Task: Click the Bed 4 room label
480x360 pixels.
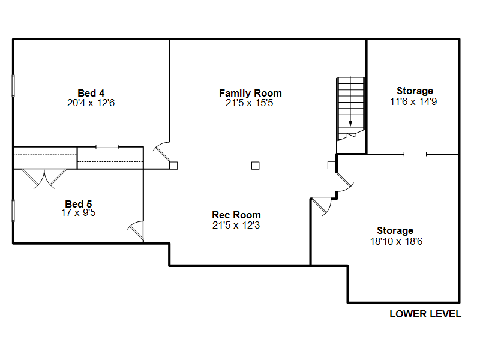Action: coord(91,93)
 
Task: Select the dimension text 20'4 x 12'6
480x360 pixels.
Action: coord(91,103)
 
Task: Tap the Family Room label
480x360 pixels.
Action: coord(250,93)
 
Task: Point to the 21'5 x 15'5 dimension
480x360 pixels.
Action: coord(250,103)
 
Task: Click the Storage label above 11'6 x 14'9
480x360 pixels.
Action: coord(415,91)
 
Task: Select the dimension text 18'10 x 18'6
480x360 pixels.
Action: coord(395,241)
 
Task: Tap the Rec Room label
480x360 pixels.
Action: coord(236,215)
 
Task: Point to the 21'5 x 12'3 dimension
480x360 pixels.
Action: coord(236,226)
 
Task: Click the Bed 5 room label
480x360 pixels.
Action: coord(79,203)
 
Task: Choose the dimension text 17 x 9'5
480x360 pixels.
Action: coord(79,212)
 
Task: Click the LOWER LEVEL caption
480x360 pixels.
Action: coord(425,314)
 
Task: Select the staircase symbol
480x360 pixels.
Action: coord(350,108)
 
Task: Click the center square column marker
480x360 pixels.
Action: coord(255,165)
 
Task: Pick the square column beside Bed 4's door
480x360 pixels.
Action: coord(173,165)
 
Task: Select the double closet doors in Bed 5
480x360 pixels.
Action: coord(45,178)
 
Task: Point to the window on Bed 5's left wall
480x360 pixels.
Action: coord(13,211)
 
